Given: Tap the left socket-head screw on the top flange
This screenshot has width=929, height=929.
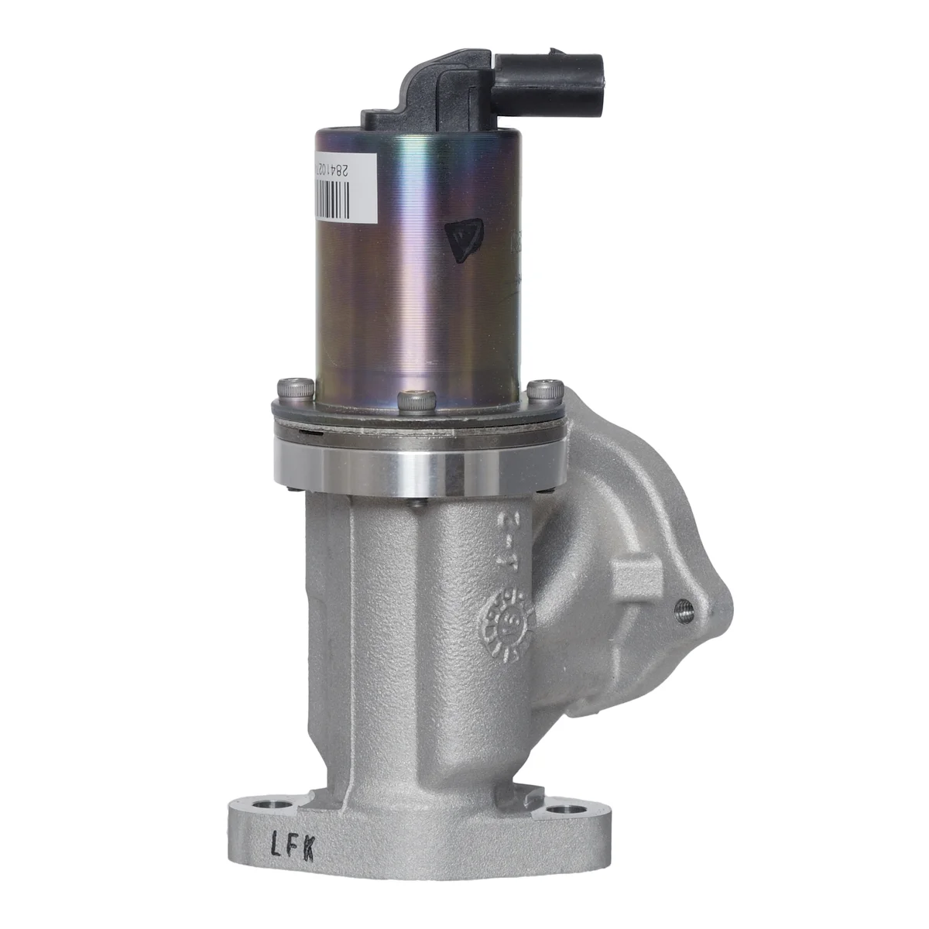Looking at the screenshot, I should [296, 386].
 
